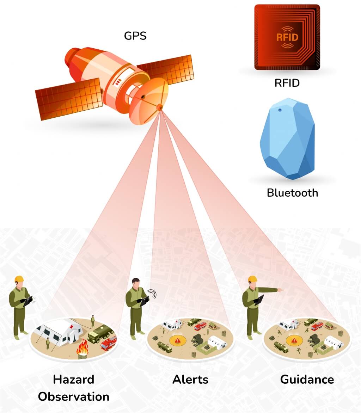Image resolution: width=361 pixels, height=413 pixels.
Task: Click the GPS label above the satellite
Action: (x=135, y=36)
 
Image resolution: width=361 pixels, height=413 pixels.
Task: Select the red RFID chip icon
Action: (x=287, y=37)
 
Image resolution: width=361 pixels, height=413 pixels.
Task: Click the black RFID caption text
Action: (x=287, y=83)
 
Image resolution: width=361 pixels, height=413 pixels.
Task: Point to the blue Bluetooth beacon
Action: (x=287, y=138)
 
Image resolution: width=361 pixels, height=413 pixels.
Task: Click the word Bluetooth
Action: (x=292, y=193)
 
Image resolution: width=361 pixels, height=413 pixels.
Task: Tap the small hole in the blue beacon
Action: (x=280, y=110)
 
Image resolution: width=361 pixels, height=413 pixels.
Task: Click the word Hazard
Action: (x=74, y=380)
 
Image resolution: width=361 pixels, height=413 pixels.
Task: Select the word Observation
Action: (x=74, y=397)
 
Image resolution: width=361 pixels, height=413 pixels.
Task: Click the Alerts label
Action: (x=190, y=380)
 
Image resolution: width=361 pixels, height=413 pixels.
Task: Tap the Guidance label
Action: (x=307, y=380)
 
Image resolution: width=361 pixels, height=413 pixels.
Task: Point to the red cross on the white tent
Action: (x=71, y=327)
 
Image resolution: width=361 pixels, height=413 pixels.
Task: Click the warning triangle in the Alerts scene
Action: (x=178, y=340)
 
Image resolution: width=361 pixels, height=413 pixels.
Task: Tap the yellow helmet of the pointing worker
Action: (x=252, y=279)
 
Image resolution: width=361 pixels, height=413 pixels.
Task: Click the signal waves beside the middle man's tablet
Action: (x=152, y=294)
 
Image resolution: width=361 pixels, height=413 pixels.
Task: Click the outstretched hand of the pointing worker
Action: (x=281, y=290)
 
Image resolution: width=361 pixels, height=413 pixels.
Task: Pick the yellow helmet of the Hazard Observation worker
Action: (x=19, y=279)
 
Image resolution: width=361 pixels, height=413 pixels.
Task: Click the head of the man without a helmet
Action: (x=136, y=283)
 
